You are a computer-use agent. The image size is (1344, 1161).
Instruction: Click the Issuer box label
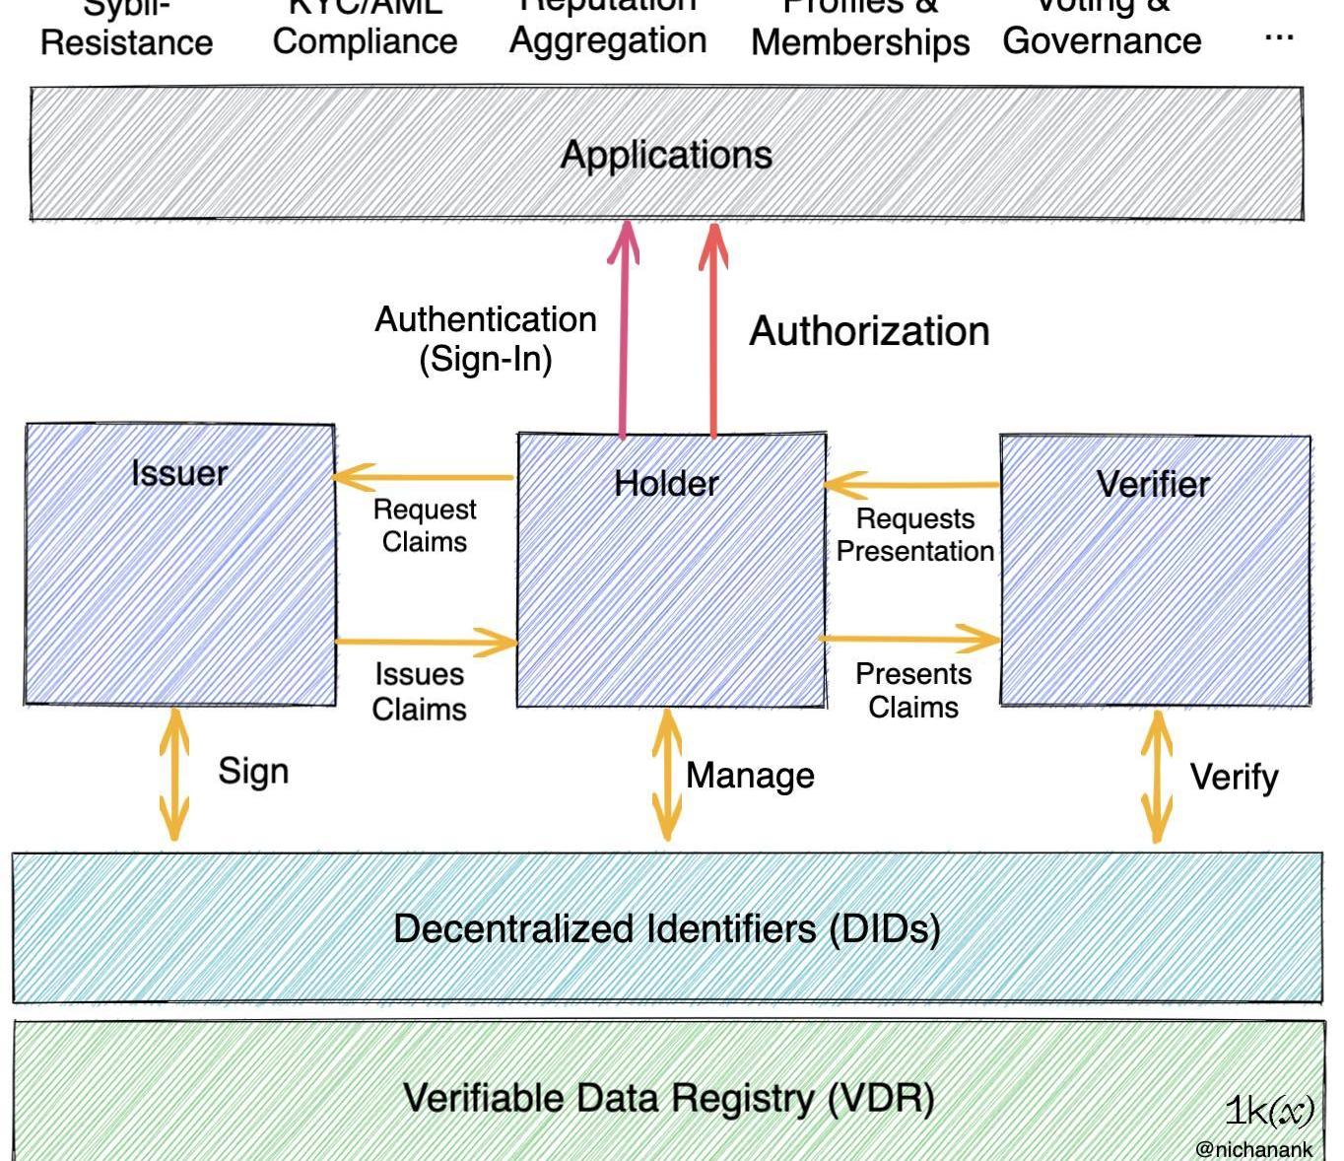(x=179, y=474)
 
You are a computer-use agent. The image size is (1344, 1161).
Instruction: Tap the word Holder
(x=666, y=484)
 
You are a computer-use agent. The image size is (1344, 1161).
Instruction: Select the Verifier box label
(x=1153, y=484)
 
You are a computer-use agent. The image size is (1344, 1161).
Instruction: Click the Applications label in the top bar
(x=666, y=155)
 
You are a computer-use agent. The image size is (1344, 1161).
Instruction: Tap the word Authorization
(x=869, y=331)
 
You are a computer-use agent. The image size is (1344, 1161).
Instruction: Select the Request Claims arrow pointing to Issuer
(x=424, y=478)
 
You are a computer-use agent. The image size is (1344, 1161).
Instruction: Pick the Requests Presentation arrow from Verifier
(x=912, y=484)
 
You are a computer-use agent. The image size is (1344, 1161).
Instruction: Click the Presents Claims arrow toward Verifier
(x=910, y=639)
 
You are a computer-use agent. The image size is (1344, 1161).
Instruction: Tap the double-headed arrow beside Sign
(x=174, y=774)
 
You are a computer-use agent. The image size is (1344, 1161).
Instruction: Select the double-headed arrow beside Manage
(x=667, y=775)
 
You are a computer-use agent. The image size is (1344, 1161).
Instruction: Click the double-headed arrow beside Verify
(x=1156, y=777)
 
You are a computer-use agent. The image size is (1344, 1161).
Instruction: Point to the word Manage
(x=750, y=776)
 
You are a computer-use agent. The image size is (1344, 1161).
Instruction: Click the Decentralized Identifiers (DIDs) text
(x=666, y=928)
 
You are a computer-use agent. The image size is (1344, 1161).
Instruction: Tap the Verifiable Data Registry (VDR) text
(x=668, y=1098)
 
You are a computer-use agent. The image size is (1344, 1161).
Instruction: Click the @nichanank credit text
(x=1253, y=1149)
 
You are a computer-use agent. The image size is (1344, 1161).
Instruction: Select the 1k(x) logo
(x=1269, y=1111)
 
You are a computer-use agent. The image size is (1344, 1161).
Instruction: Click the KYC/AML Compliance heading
(x=365, y=30)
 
